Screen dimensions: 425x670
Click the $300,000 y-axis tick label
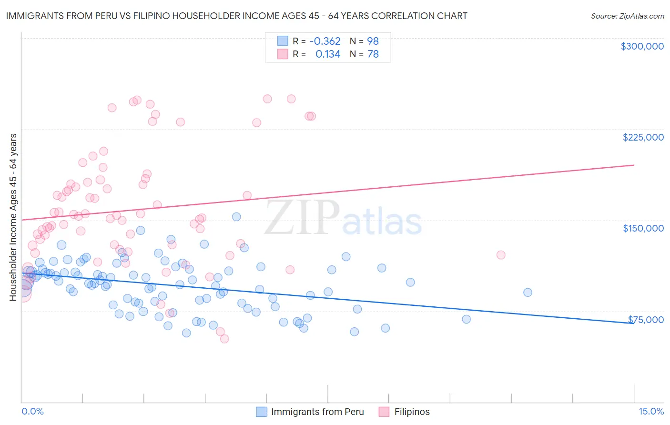[642, 46]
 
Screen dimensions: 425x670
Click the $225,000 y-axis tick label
[643, 137]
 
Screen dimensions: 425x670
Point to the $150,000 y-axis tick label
[643, 228]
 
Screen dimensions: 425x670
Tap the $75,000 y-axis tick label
[646, 320]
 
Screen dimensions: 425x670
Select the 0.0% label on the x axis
[32, 411]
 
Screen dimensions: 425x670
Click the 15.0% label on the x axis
[651, 411]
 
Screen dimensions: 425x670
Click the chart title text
[237, 16]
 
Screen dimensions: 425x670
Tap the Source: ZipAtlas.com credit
[627, 16]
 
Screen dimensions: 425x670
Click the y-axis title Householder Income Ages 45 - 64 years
[13, 217]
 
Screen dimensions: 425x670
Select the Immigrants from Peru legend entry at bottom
[317, 412]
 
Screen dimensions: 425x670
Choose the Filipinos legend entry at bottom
[412, 412]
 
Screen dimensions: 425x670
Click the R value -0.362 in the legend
[325, 41]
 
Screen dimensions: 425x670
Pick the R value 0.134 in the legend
[328, 54]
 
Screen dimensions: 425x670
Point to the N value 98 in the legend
[373, 41]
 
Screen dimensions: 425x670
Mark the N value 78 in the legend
[373, 54]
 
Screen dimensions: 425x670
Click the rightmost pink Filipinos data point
[501, 255]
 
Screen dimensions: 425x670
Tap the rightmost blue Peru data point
[528, 293]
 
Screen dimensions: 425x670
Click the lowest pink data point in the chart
[224, 339]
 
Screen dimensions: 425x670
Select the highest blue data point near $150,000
[236, 217]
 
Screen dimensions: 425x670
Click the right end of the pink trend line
[634, 165]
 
